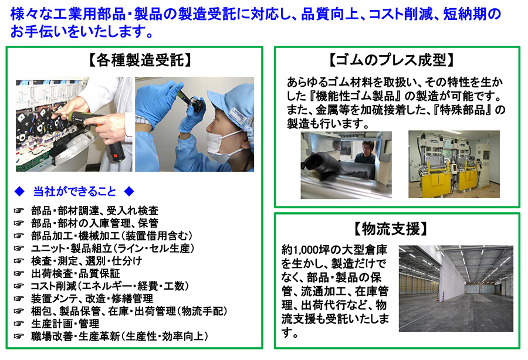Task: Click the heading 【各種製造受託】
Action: click(140, 60)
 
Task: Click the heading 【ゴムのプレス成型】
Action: click(391, 60)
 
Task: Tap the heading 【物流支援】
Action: click(391, 229)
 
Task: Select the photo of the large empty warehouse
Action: click(456, 288)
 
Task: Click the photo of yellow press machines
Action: click(454, 164)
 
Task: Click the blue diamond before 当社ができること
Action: click(19, 192)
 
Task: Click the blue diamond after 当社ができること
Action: click(129, 192)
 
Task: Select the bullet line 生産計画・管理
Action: click(65, 324)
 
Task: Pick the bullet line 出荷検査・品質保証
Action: click(76, 274)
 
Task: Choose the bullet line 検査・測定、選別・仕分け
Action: click(87, 261)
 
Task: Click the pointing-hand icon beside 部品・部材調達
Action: click(19, 210)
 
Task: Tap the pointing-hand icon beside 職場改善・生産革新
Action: click(19, 336)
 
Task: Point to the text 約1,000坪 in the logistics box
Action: click(306, 250)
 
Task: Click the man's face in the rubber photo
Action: click(367, 148)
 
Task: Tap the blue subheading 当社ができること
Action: click(75, 192)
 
